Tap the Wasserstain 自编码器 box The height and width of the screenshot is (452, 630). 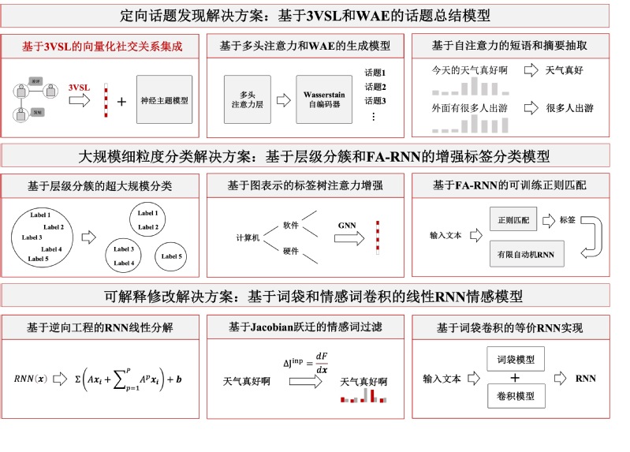(x=323, y=100)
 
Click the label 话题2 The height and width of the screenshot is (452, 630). (x=375, y=87)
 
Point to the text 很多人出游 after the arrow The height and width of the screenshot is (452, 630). (x=569, y=108)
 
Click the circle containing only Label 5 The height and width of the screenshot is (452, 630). (x=173, y=256)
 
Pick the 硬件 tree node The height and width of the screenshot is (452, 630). (x=290, y=252)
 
